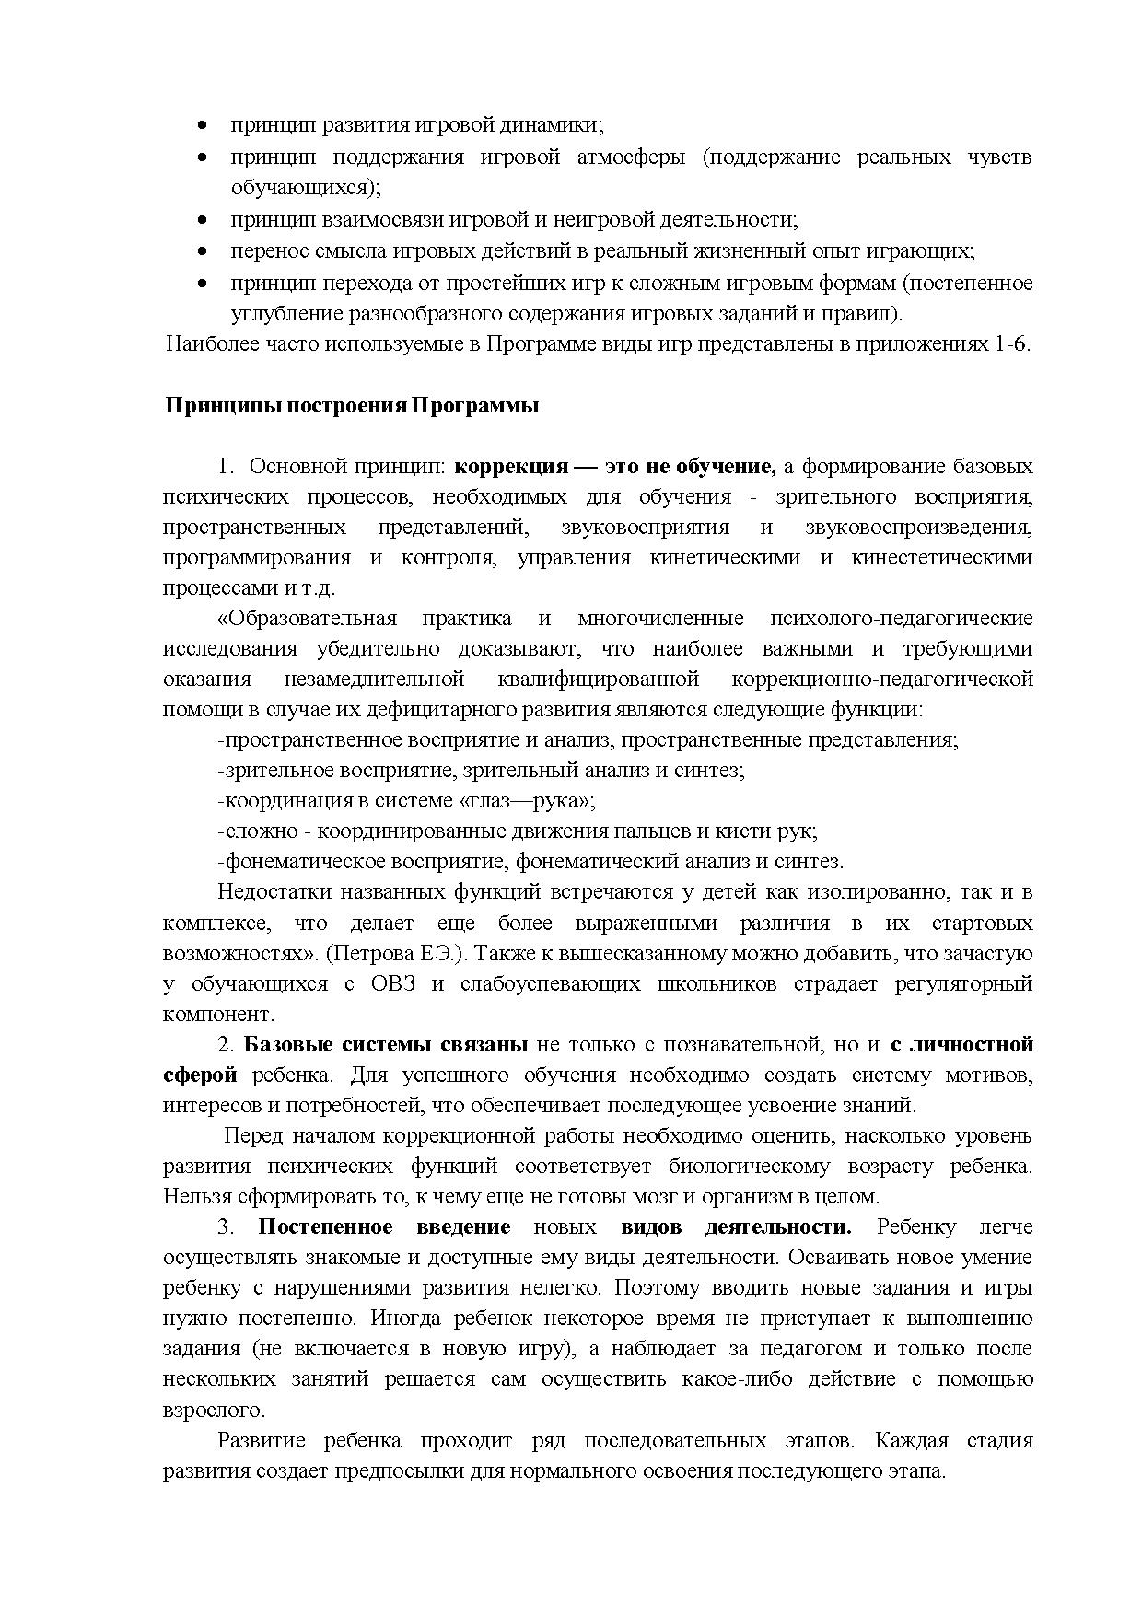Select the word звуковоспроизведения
pyautogui.click(x=918, y=528)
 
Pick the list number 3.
pyautogui.click(x=224, y=1227)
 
